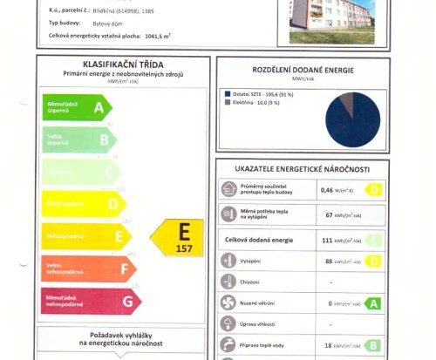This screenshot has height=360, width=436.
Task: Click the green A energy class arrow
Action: (78, 107)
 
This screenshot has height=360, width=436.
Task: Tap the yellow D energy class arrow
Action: (84, 204)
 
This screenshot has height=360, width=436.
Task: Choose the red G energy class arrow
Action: (92, 302)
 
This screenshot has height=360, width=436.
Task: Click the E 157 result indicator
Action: (178, 237)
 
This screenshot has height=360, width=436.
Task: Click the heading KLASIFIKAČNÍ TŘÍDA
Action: (122, 65)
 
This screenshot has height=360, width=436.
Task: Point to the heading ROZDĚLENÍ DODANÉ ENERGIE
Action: (302, 71)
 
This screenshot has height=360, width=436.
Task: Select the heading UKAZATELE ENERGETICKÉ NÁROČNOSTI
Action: (302, 168)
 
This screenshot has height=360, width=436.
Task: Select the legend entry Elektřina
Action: (256, 102)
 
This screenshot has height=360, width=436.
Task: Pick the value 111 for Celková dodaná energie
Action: (328, 240)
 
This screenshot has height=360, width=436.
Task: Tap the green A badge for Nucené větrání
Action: (372, 303)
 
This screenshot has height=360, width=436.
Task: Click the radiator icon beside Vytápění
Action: (228, 261)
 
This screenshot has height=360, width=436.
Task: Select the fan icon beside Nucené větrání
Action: (228, 303)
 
